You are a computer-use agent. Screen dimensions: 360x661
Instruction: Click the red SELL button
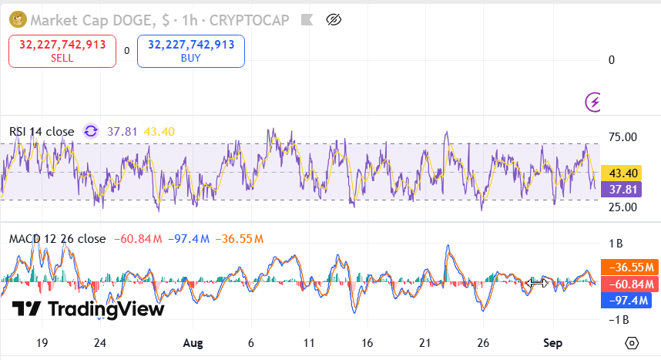pos(62,51)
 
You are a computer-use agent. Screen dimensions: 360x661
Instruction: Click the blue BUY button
pos(191,51)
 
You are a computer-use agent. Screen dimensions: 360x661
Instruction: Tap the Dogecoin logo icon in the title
pos(17,19)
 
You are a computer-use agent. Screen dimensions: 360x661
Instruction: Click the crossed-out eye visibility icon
pos(334,20)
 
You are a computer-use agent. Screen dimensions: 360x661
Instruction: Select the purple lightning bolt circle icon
pos(594,102)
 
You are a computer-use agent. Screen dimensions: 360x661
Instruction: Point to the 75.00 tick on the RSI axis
pos(622,137)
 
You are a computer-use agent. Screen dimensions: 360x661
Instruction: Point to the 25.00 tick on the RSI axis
pos(622,207)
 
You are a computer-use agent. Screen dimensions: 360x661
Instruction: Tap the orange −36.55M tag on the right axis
pos(629,267)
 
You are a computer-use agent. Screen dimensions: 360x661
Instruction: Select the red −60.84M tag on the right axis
pos(629,284)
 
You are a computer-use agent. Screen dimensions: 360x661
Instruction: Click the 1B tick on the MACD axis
pos(616,244)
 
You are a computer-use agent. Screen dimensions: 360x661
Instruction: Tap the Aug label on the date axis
pos(193,342)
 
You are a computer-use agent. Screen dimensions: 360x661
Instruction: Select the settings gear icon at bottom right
pos(632,343)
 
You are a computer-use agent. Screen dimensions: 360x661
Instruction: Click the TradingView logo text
pos(89,309)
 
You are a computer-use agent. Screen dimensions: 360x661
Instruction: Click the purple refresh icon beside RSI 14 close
pos(91,132)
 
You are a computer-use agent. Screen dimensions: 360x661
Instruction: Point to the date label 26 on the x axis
pos(484,342)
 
